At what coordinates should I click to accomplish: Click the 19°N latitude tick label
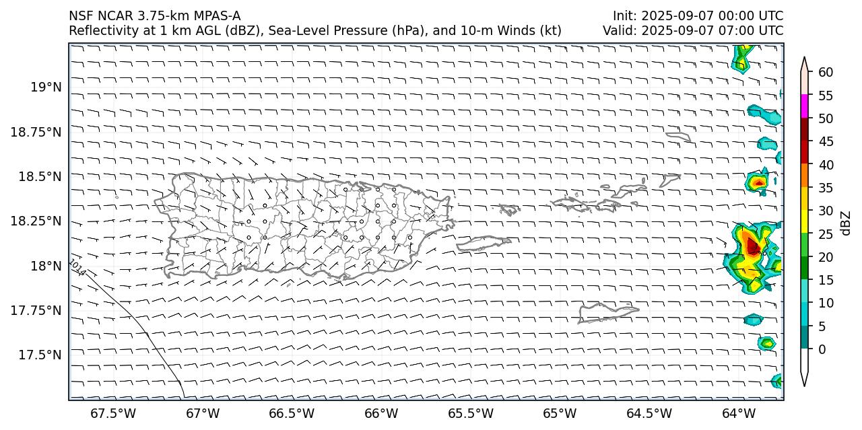point(46,87)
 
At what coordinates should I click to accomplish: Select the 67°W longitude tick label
point(203,413)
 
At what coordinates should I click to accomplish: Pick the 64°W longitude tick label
point(739,413)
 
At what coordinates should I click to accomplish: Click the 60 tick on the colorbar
point(826,73)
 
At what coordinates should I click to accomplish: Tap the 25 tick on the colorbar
point(826,234)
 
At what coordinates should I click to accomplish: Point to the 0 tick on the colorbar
point(823,349)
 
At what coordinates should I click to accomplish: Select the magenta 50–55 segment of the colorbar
point(804,106)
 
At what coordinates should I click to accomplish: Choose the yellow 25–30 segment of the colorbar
point(804,222)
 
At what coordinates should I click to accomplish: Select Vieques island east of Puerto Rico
point(484,242)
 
